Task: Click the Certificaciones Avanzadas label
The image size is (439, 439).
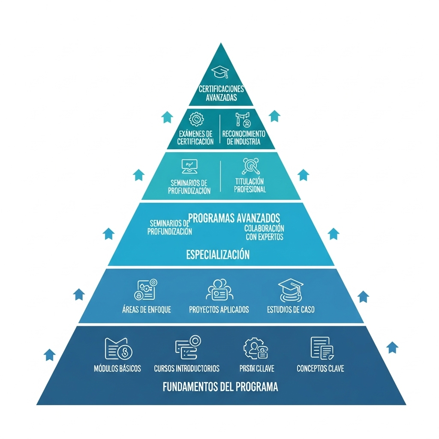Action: pos(221,93)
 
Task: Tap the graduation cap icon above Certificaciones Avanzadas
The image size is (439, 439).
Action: pos(221,72)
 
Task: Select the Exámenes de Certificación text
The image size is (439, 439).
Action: pos(195,138)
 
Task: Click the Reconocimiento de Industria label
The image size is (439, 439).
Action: pos(244,138)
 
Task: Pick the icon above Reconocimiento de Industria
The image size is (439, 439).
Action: pos(242,119)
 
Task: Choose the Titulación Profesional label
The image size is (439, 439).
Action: pos(250,185)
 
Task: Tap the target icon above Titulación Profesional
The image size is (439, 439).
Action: pos(250,165)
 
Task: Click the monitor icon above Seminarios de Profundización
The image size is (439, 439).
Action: pos(189,165)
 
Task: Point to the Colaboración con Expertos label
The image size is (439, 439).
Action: pos(264,232)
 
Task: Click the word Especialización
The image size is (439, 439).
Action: pos(218,255)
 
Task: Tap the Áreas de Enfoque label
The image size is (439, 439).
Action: pos(146,309)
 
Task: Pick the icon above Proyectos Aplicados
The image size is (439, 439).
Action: pos(219,290)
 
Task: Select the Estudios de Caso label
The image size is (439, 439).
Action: pos(290,309)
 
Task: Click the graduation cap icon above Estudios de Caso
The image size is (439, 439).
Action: pos(290,289)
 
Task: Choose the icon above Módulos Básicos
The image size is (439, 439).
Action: pos(118,348)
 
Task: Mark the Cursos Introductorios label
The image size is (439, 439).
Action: pos(186,368)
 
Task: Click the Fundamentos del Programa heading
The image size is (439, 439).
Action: pos(220,387)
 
